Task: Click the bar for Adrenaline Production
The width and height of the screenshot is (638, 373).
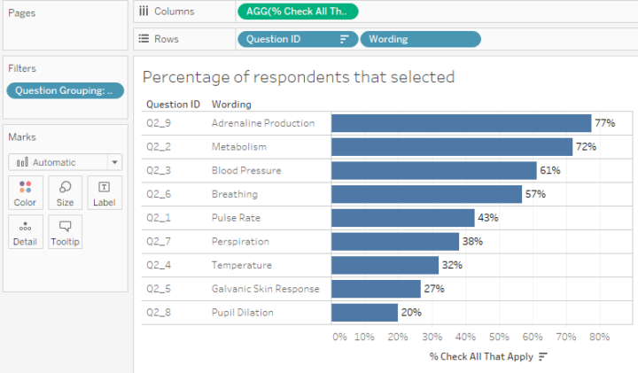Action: coord(461,123)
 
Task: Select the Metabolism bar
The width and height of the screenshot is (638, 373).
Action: coord(452,147)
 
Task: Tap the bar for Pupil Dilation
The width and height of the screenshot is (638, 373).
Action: coord(364,313)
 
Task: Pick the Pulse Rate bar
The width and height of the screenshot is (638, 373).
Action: coord(402,218)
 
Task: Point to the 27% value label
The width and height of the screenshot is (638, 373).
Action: coord(433,289)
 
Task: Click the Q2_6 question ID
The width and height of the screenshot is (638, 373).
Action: coord(158,194)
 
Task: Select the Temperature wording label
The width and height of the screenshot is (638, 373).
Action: coord(242,265)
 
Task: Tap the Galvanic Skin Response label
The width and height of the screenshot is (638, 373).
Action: coord(265,289)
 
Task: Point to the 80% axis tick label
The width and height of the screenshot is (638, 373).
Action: coord(599,337)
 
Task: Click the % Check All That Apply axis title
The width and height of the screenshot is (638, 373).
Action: coord(481,356)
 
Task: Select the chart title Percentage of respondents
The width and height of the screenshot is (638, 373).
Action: coord(299,77)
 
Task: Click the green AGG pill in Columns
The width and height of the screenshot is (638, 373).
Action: coord(298,12)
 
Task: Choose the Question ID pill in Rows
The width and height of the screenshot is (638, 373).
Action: coord(297,39)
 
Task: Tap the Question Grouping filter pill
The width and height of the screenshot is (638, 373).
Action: coord(65,90)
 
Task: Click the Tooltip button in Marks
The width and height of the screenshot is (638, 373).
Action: coord(65,231)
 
